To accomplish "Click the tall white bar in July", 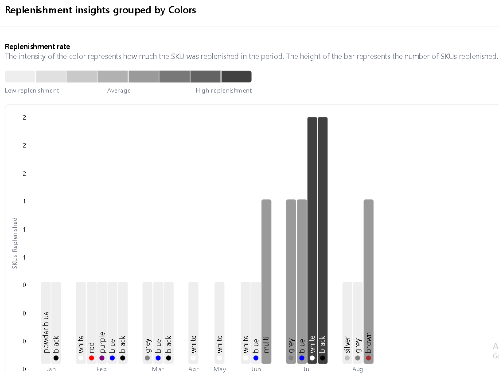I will [x=312, y=239].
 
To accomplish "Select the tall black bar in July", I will [x=323, y=239].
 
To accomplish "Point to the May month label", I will [x=220, y=369].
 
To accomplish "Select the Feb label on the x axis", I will [x=101, y=369].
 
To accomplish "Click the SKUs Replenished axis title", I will [x=15, y=243].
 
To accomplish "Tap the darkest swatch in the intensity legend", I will [x=236, y=77].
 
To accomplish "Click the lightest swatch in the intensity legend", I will [x=20, y=77].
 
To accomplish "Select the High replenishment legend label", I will [x=224, y=91].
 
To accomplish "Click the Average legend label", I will [x=119, y=91].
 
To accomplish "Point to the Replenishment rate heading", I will [x=37, y=47].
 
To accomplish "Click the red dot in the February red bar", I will [x=91, y=358].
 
